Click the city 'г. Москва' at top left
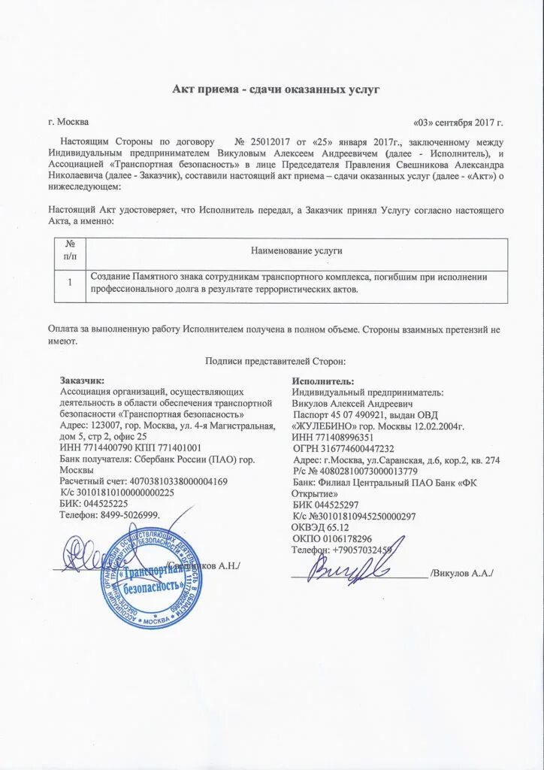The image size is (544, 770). pyautogui.click(x=68, y=122)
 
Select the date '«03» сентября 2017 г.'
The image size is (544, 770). pyautogui.click(x=458, y=122)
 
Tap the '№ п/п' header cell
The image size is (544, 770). pyautogui.click(x=70, y=250)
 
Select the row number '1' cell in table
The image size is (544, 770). pyautogui.click(x=70, y=283)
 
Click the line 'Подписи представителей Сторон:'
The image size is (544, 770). pyautogui.click(x=275, y=361)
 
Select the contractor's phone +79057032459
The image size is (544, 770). pyautogui.click(x=341, y=550)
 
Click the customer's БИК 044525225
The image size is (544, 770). pyautogui.click(x=93, y=503)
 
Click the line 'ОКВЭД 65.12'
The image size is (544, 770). pyautogui.click(x=315, y=528)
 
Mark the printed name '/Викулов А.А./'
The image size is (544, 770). pyautogui.click(x=461, y=573)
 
